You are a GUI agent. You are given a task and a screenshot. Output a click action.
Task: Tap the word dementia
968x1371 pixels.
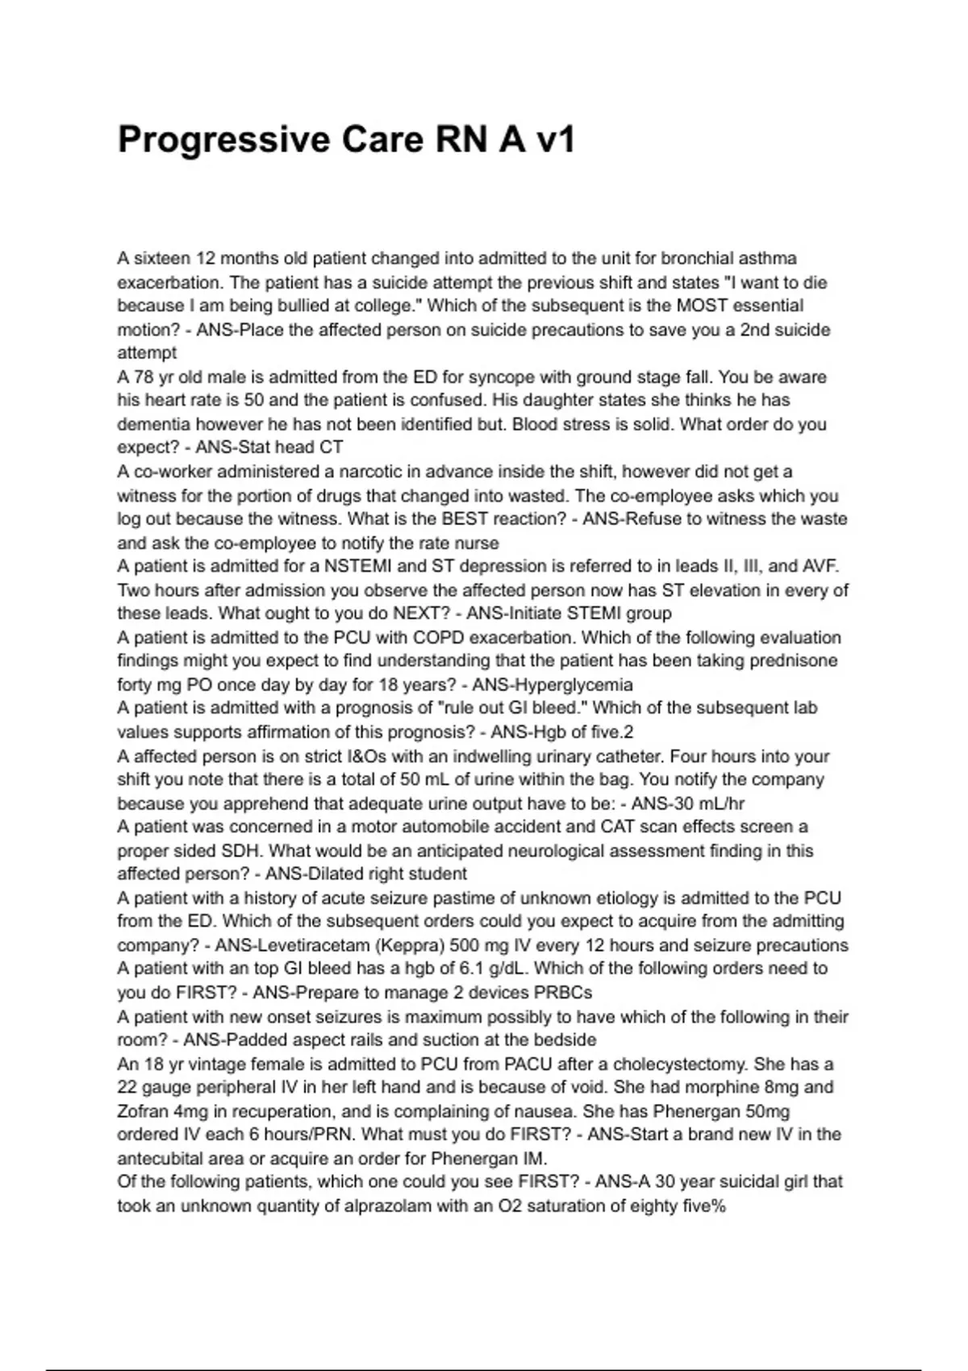(x=154, y=424)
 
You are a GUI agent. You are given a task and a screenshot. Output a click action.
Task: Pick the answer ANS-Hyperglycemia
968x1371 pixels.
(x=553, y=685)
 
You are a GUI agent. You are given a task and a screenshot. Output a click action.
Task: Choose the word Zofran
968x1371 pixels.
(x=143, y=1111)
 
